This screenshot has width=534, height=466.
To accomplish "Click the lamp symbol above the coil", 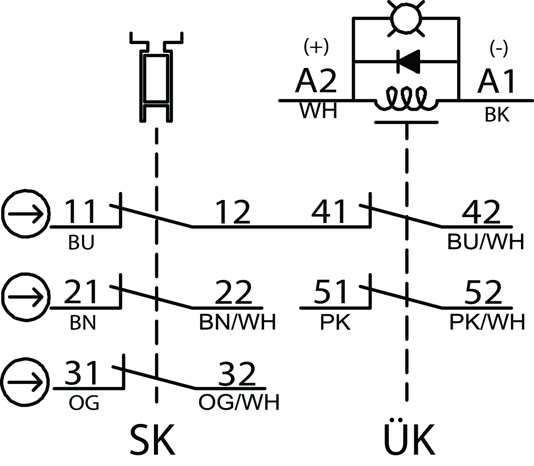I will tap(407, 18).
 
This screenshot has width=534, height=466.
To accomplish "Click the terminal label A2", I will tap(315, 81).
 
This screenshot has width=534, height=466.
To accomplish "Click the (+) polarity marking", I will tap(316, 47).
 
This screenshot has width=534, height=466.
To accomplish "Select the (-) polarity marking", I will tap(499, 49).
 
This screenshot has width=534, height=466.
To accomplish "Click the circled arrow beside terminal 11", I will tap(25, 214).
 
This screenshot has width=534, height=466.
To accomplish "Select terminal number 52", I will tap(483, 292).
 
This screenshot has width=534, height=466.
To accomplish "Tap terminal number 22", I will tap(233, 292).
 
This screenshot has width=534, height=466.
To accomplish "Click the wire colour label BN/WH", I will tap(237, 322).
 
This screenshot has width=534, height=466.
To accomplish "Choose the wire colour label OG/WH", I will tap(239, 402).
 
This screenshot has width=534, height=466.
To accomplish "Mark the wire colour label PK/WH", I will tap(487, 322).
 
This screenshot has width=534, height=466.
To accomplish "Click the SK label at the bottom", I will tap(152, 440).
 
